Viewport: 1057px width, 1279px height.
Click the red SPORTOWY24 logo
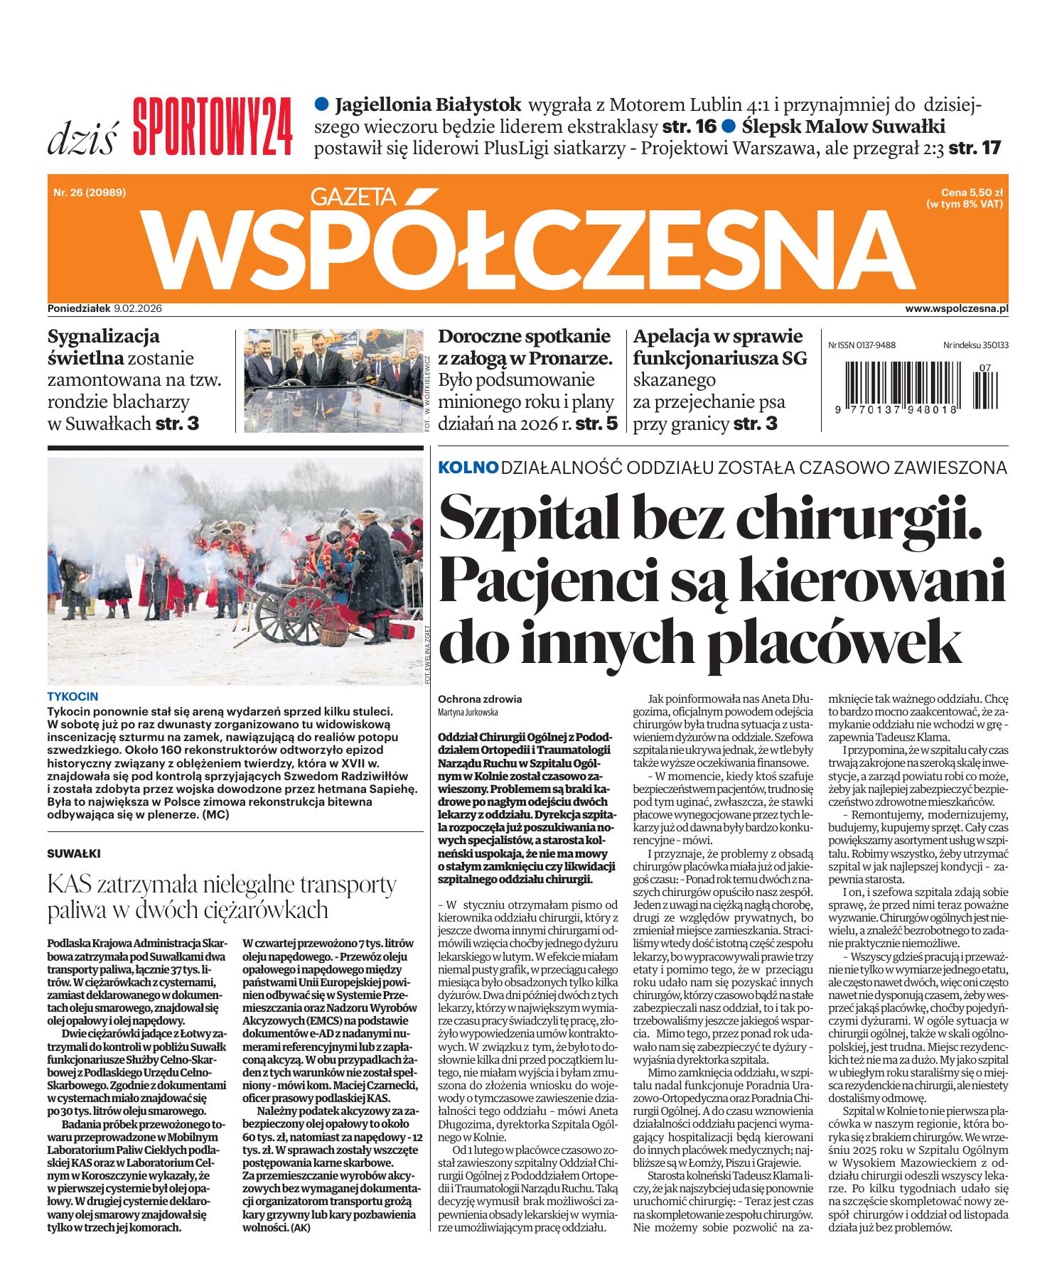[213, 126]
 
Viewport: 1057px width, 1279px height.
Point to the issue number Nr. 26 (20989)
[89, 190]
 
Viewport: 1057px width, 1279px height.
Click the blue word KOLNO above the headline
[468, 468]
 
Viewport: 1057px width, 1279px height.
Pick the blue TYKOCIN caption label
[72, 696]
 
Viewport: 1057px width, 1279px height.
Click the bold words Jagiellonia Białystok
[427, 105]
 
